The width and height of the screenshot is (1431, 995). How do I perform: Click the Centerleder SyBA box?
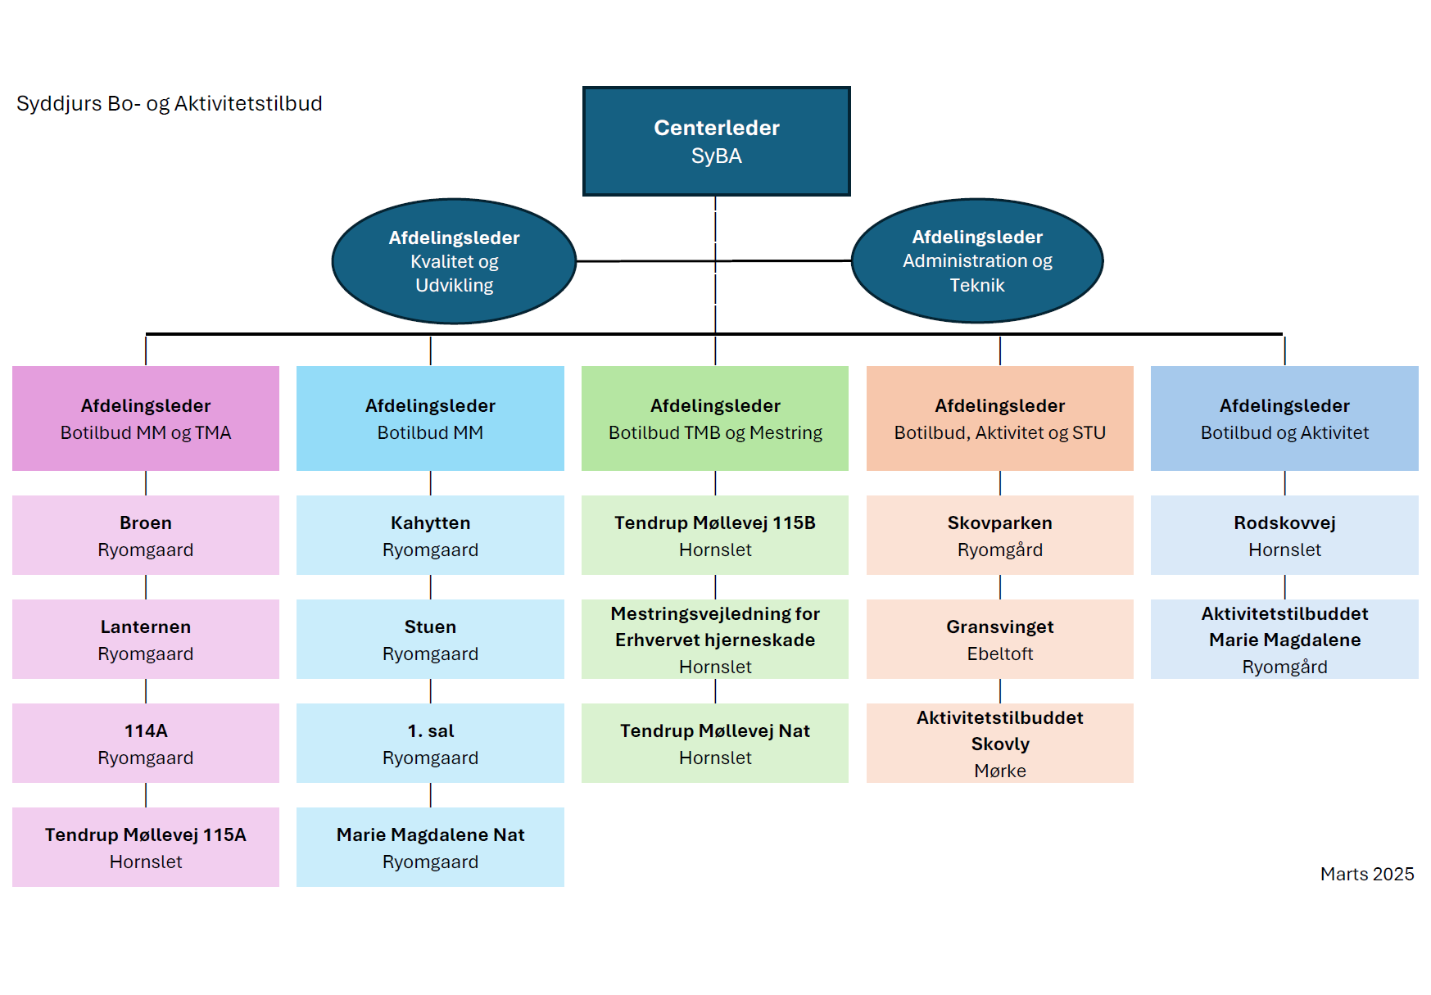[x=716, y=141]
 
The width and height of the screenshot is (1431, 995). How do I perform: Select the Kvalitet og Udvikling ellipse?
[x=454, y=261]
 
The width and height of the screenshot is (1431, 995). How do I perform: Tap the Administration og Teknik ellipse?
[x=977, y=260]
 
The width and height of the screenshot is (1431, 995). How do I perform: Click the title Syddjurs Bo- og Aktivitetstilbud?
[x=170, y=104]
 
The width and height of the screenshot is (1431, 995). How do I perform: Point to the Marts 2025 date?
[x=1367, y=874]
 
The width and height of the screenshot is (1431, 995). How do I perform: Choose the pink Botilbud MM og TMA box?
[x=146, y=418]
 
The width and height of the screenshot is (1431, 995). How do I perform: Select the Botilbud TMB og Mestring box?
[x=715, y=418]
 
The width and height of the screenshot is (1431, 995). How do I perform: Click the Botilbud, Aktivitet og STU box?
[x=1000, y=418]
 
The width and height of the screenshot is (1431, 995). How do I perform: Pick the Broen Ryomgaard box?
[x=146, y=535]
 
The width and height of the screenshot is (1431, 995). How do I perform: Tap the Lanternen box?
[x=146, y=639]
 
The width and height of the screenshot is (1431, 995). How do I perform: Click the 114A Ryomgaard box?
[x=146, y=743]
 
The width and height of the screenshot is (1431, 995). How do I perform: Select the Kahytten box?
[x=430, y=535]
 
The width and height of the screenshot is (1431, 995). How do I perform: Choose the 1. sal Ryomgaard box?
[x=430, y=743]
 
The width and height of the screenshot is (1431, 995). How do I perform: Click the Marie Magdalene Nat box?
[x=430, y=847]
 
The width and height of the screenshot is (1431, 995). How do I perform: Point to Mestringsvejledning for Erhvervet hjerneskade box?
[x=715, y=639]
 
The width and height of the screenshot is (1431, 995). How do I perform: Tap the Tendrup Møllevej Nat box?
[x=715, y=743]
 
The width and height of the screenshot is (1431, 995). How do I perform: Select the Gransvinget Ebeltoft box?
[x=1000, y=639]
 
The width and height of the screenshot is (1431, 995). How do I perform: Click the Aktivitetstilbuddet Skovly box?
[x=1000, y=743]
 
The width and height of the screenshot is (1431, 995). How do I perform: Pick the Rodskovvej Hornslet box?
[x=1284, y=535]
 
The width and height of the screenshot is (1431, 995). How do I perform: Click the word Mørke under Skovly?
[x=1000, y=771]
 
